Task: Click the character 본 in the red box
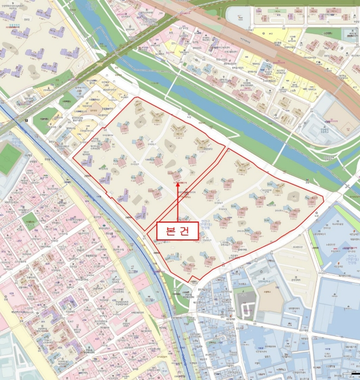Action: pyautogui.click(x=168, y=231)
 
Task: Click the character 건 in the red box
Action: pyautogui.click(x=185, y=231)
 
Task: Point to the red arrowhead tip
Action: pyautogui.click(x=178, y=182)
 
